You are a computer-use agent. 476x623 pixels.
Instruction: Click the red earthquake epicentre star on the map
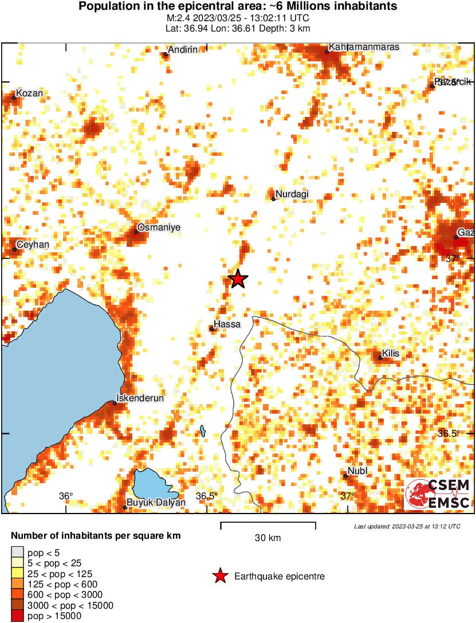click(x=238, y=279)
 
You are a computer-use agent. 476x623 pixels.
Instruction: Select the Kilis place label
click(x=390, y=354)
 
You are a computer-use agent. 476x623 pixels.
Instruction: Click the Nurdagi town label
click(x=292, y=194)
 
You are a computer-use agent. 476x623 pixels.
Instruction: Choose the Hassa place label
click(x=227, y=324)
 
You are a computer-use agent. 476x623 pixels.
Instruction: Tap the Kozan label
click(x=29, y=93)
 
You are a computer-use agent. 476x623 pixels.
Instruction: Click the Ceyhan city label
click(x=33, y=244)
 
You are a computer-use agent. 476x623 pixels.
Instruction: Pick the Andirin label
click(x=183, y=50)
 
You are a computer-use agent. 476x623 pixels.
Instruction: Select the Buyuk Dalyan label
click(x=156, y=503)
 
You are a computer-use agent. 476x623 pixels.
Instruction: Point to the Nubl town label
click(x=357, y=471)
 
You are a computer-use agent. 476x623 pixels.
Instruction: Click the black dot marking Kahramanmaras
click(x=327, y=52)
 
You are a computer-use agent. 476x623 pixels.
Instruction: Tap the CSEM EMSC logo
click(x=438, y=494)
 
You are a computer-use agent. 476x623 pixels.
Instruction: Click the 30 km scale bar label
click(x=267, y=538)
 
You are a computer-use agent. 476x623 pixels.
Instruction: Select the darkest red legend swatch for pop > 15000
click(x=17, y=616)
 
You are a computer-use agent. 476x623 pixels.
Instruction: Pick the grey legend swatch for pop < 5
click(x=17, y=553)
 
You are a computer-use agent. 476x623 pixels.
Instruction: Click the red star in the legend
click(x=219, y=577)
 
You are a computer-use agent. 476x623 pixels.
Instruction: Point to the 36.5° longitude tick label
click(x=207, y=496)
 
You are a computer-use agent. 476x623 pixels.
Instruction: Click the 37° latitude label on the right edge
click(x=453, y=258)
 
